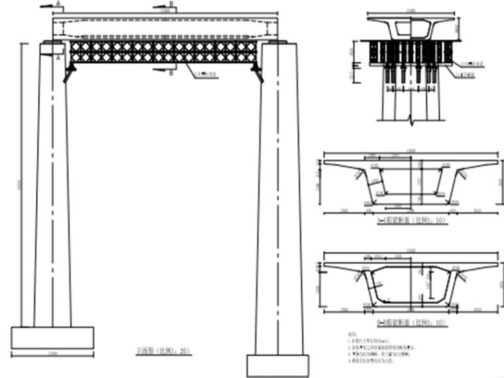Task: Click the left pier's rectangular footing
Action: click(52, 338)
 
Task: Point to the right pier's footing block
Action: click(278, 365)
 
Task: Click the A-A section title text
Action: click(412, 220)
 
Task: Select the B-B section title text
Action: click(411, 324)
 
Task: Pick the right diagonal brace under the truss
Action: click(258, 74)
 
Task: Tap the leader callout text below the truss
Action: click(202, 75)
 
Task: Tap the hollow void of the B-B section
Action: click(411, 284)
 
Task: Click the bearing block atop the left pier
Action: click(52, 48)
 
